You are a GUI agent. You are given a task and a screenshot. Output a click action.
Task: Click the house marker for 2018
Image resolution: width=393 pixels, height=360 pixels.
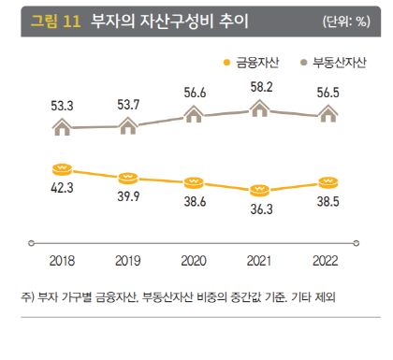pos(62,127)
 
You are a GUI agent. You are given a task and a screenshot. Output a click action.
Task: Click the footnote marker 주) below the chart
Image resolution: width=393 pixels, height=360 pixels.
pos(26,297)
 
